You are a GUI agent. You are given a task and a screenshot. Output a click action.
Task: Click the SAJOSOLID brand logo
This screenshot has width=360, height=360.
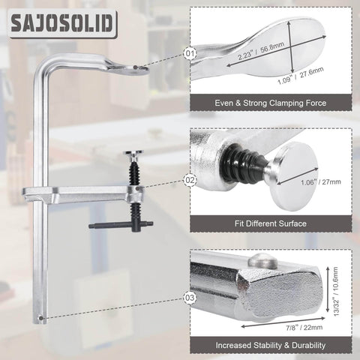coord(63,23)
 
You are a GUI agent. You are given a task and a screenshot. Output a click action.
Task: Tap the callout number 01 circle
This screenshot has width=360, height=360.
coord(190,53)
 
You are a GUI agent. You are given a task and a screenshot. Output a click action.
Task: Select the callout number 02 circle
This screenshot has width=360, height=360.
coord(190,180)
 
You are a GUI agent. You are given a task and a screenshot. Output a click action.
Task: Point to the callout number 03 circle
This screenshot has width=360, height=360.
coord(190,298)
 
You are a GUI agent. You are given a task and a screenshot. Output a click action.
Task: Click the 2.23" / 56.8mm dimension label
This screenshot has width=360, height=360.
coord(261,51)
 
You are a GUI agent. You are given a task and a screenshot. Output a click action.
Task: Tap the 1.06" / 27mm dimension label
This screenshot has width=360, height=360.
coord(321,181)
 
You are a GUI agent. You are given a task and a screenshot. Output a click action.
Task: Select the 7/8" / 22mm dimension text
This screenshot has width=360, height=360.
coord(304,328)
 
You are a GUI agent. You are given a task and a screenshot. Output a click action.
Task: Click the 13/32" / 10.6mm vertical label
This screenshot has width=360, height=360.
coord(335,292)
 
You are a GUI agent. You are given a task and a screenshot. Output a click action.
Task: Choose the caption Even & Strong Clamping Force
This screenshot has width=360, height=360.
coord(271,103)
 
